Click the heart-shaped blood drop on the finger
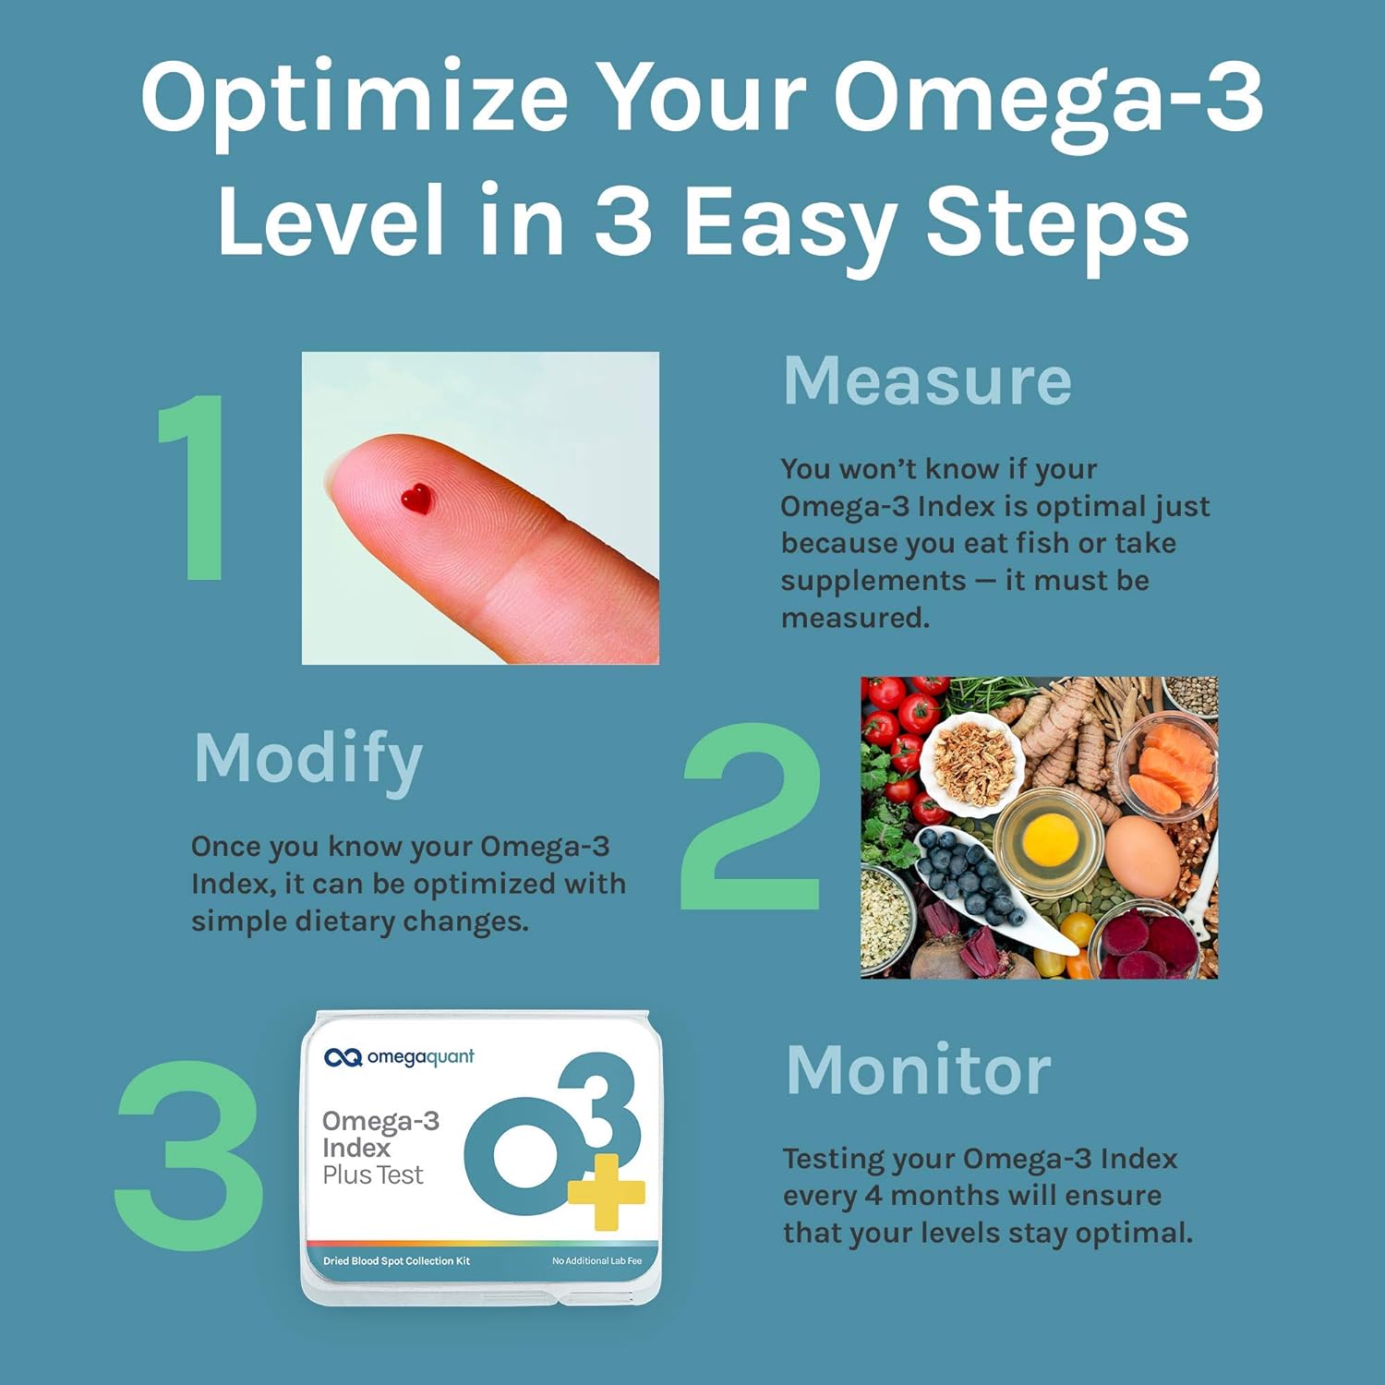[416, 499]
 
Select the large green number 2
[751, 817]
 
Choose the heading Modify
[307, 759]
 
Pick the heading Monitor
[918, 1071]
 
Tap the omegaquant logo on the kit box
[399, 1057]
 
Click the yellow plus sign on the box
[605, 1191]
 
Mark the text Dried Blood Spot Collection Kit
[396, 1261]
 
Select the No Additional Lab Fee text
[596, 1261]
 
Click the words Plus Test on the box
[372, 1175]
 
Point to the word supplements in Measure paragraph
[873, 581]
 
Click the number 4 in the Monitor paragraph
[873, 1196]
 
